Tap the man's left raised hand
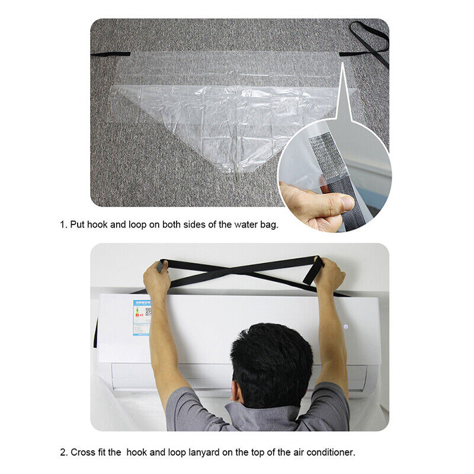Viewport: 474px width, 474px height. pos(157,278)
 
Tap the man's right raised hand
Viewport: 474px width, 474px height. pos(329,274)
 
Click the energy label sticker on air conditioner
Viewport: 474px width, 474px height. pos(142,318)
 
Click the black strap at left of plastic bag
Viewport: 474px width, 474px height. pos(110,54)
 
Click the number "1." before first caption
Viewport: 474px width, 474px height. pos(63,225)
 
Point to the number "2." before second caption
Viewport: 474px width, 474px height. pos(63,452)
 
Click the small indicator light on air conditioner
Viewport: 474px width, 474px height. pos(343,325)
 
